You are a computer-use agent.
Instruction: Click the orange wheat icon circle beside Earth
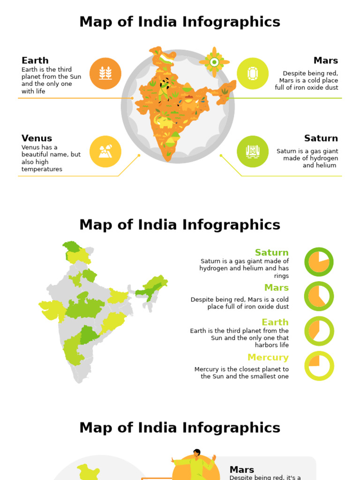[x=105, y=74]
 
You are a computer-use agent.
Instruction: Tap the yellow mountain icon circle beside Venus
[x=105, y=151]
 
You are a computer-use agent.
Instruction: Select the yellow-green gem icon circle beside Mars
[x=253, y=74]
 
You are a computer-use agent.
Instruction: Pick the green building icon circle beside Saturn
[x=253, y=151]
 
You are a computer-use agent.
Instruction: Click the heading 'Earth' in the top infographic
[x=35, y=60]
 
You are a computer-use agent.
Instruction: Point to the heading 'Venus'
[x=37, y=138]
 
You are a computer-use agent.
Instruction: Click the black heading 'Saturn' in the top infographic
[x=321, y=138]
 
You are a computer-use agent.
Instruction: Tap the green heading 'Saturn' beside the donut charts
[x=272, y=253]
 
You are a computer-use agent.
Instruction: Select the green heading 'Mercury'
[x=268, y=358]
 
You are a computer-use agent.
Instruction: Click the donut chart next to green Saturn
[x=319, y=262]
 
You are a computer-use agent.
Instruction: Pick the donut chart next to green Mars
[x=319, y=296]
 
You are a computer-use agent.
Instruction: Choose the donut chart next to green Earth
[x=319, y=331]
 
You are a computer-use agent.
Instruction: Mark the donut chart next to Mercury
[x=319, y=366]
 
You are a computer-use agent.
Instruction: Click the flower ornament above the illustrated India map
[x=214, y=62]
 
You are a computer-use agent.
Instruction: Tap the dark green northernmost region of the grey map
[x=72, y=246]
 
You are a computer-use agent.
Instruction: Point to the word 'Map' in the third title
[x=95, y=428]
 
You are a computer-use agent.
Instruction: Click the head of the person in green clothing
[x=197, y=453]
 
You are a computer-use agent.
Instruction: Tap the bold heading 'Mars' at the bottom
[x=242, y=470]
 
